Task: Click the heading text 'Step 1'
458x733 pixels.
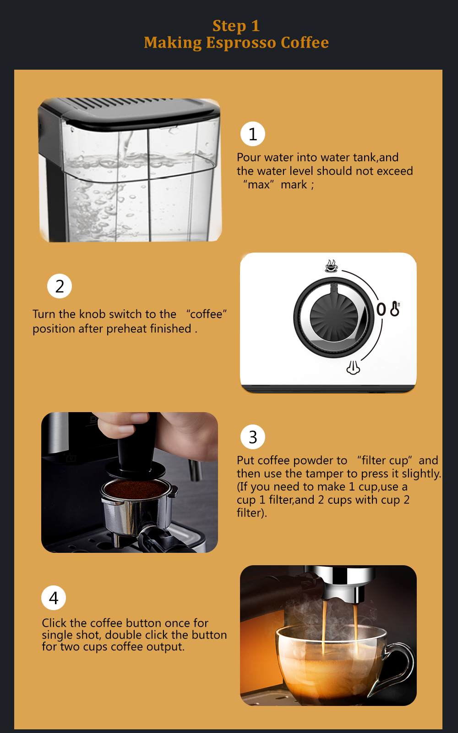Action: (236, 26)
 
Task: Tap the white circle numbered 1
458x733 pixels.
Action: (253, 134)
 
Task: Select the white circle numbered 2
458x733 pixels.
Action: (60, 286)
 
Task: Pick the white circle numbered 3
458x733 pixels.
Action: (253, 437)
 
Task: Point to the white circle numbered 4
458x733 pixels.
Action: (54, 597)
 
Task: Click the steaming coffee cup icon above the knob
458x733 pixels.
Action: (331, 266)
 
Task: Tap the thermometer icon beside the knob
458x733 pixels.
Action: (395, 309)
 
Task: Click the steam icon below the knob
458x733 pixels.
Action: (353, 368)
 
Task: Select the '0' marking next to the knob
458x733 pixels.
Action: (381, 309)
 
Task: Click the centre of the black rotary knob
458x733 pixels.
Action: (333, 317)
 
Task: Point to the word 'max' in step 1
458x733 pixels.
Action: (259, 185)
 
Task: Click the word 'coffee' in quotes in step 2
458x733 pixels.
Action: (206, 314)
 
